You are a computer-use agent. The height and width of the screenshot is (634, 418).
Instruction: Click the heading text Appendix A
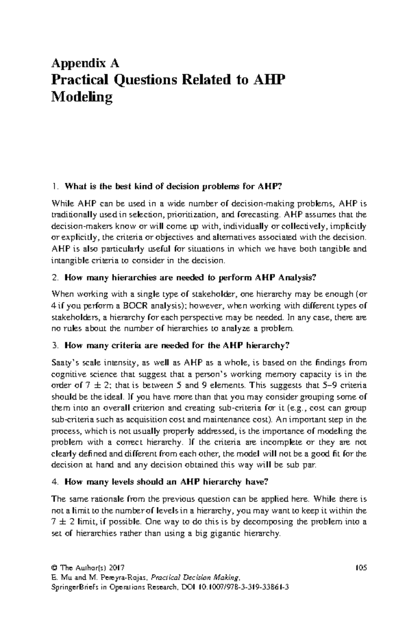[x=85, y=63]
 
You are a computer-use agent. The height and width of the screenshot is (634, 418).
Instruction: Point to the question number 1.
[x=54, y=186]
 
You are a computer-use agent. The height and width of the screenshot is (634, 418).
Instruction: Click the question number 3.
[x=54, y=346]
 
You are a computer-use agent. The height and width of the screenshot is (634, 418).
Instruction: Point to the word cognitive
[x=67, y=374]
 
